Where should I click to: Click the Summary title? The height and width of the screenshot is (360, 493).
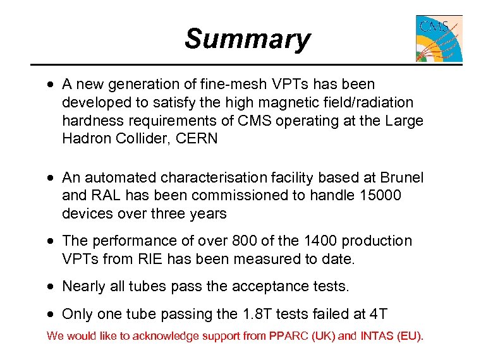click(x=247, y=39)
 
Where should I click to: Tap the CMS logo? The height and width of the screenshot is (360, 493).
click(x=439, y=39)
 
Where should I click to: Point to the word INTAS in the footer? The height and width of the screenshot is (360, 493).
click(x=378, y=335)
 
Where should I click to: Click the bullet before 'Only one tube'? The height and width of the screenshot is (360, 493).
click(x=51, y=315)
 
